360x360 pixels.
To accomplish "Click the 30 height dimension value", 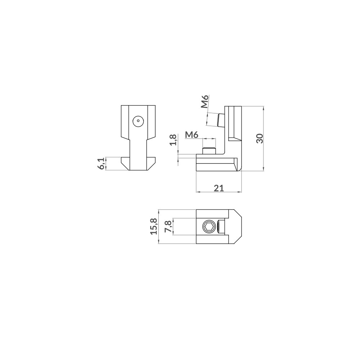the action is [260, 138].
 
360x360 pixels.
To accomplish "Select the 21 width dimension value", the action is [219, 188].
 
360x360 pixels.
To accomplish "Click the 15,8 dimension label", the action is [154, 226].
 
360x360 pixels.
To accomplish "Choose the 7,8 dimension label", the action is [168, 226].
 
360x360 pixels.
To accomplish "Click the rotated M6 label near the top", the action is [204, 101].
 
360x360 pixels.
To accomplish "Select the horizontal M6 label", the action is [192, 135].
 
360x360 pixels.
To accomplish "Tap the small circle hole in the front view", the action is [138, 120].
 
